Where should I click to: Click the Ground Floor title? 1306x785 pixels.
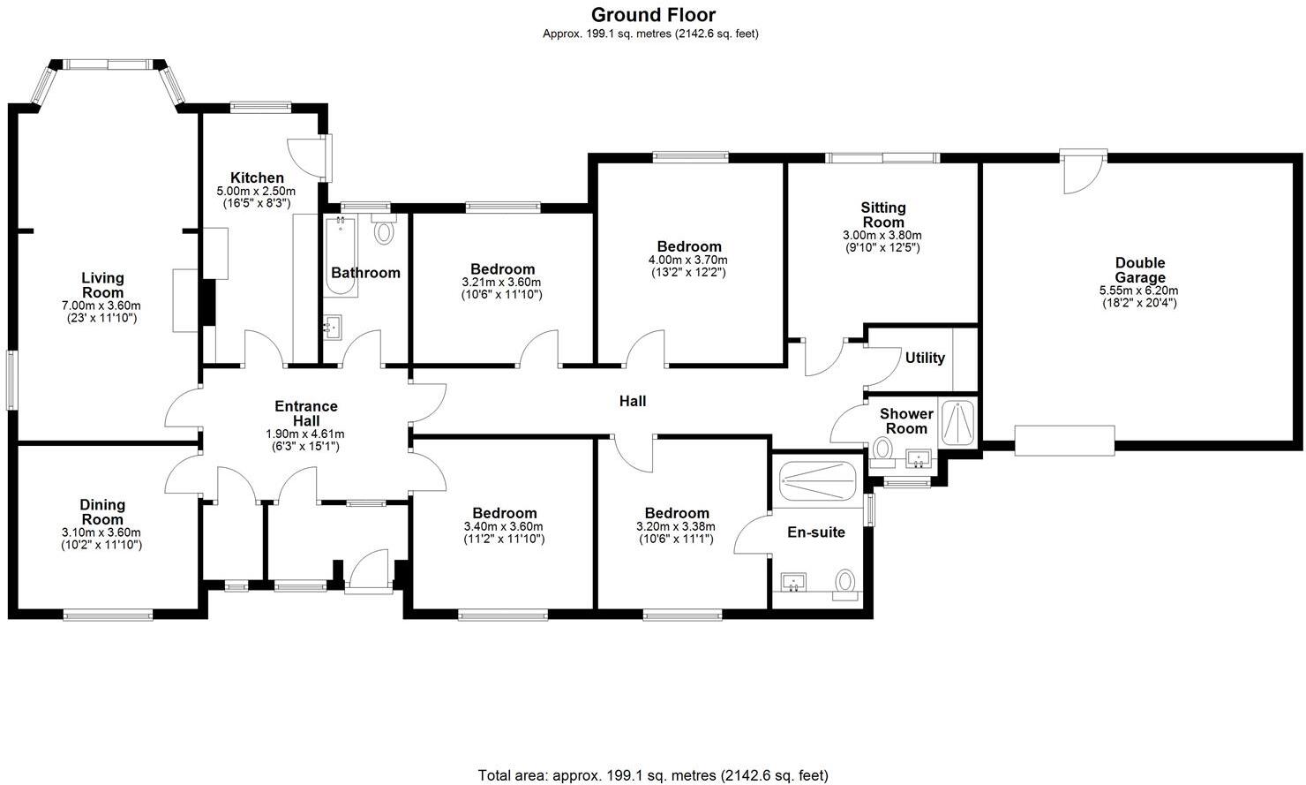pyautogui.click(x=652, y=15)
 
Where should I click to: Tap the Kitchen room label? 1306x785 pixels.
pyautogui.click(x=257, y=177)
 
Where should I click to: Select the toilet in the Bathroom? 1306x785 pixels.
pyautogui.click(x=384, y=232)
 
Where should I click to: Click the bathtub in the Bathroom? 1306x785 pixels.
pyautogui.click(x=340, y=254)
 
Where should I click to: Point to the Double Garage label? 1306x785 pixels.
pyautogui.click(x=1139, y=270)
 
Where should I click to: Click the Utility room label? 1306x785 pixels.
pyautogui.click(x=925, y=358)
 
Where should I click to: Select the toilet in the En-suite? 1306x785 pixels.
pyautogui.click(x=845, y=582)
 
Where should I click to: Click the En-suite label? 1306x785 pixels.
pyautogui.click(x=815, y=532)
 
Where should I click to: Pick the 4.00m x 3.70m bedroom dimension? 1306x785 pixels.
pyautogui.click(x=688, y=260)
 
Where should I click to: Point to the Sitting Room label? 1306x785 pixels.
pyautogui.click(x=883, y=215)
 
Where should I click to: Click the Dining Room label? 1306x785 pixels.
pyautogui.click(x=102, y=512)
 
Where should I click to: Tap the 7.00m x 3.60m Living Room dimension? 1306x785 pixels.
pyautogui.click(x=102, y=306)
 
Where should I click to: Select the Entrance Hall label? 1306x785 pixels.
pyautogui.click(x=305, y=413)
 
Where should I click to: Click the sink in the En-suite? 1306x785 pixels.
pyautogui.click(x=794, y=583)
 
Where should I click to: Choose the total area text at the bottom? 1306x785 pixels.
pyautogui.click(x=652, y=775)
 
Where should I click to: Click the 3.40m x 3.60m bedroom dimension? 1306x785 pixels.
pyautogui.click(x=503, y=526)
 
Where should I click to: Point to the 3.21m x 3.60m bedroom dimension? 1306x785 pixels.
pyautogui.click(x=502, y=282)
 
